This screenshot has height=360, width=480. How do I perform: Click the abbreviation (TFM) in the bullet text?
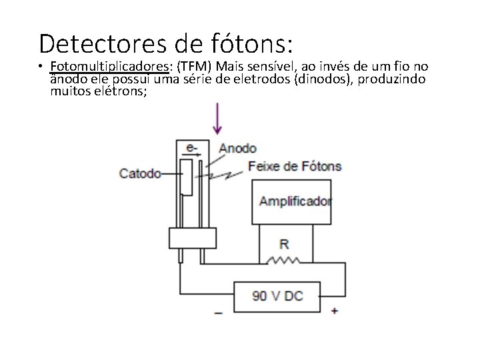193,67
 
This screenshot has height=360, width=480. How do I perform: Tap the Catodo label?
140,173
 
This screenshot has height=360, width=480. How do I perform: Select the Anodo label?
238,148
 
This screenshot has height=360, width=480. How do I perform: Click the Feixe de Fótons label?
295,166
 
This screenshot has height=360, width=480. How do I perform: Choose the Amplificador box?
291,201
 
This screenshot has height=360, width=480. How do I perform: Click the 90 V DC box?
277,295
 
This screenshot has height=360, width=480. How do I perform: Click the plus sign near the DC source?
334,310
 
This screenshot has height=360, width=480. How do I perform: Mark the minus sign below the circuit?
218,311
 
